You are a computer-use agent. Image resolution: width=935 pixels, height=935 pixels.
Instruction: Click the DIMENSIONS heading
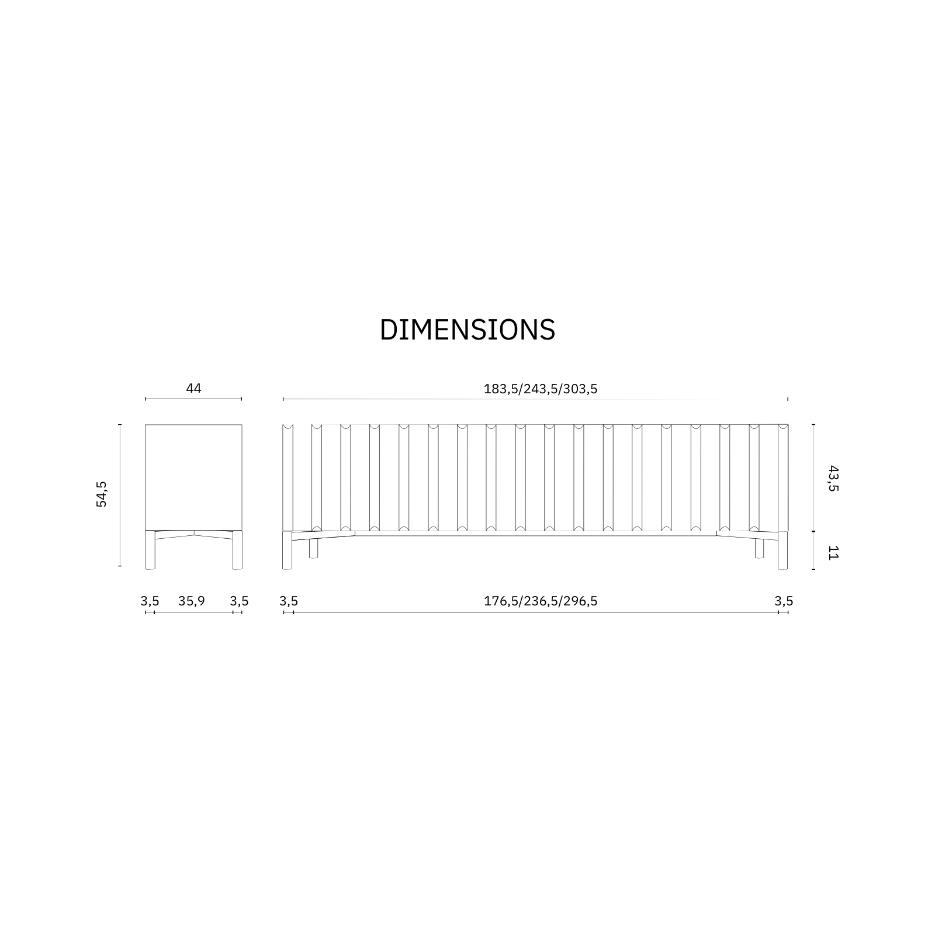click(467, 330)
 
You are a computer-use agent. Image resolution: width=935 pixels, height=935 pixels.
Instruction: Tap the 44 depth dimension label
click(193, 388)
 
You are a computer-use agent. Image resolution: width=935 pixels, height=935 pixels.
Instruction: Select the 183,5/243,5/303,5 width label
click(541, 389)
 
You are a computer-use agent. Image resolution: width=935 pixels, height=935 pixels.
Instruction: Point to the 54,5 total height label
click(102, 494)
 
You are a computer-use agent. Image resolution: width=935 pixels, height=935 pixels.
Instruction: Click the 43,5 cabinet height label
click(833, 478)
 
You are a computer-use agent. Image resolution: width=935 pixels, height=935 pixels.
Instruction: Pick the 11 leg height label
click(833, 552)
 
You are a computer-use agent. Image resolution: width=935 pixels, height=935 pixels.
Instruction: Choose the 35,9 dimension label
click(192, 601)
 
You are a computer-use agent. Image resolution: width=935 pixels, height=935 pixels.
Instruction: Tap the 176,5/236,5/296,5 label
click(541, 601)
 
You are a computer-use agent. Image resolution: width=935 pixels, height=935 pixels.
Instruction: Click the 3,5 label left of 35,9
click(150, 601)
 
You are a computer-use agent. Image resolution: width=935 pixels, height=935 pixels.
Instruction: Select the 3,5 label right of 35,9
click(239, 601)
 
